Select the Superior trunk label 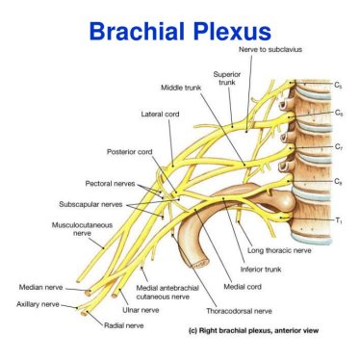pyautogui.click(x=227, y=78)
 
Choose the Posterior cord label pyautogui.click(x=129, y=151)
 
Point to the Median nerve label pyautogui.click(x=39, y=287)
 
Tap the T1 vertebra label pyautogui.click(x=338, y=220)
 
